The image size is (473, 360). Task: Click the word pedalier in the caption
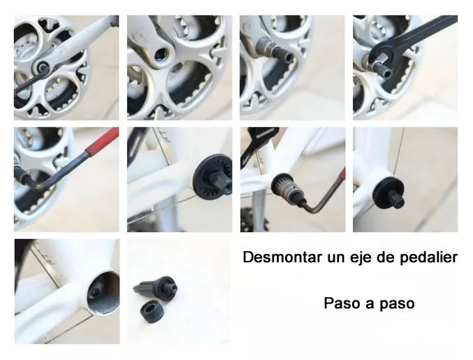428,258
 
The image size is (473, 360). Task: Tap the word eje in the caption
362,258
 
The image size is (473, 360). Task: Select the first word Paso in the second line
340,304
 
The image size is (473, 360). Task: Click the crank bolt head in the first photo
43,67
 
